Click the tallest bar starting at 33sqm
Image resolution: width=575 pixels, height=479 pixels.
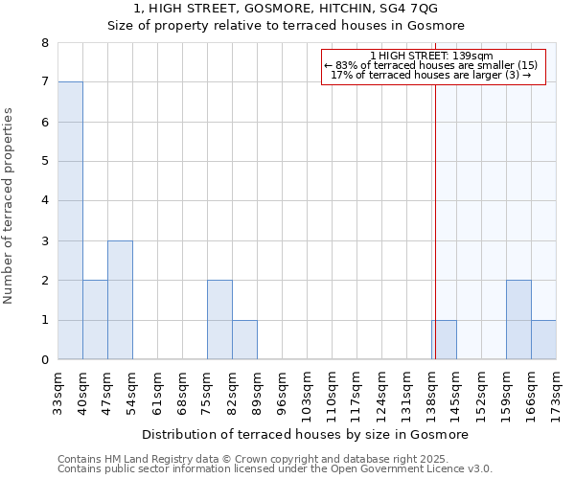tap(70, 220)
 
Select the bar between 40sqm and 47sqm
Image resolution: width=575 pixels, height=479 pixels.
tap(95, 320)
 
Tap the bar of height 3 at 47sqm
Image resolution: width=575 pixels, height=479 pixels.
tap(120, 300)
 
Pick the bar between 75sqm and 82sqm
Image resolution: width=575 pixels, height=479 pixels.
tap(219, 320)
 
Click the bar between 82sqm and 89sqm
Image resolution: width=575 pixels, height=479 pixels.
tap(244, 340)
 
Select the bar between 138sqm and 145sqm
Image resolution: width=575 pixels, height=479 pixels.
tap(444, 340)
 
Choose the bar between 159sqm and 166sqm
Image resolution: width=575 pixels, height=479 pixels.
tap(518, 320)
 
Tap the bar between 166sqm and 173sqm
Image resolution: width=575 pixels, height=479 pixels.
tap(543, 340)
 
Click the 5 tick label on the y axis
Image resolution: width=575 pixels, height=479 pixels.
tap(44, 162)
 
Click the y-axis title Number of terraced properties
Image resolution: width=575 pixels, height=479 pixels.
tap(9, 206)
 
